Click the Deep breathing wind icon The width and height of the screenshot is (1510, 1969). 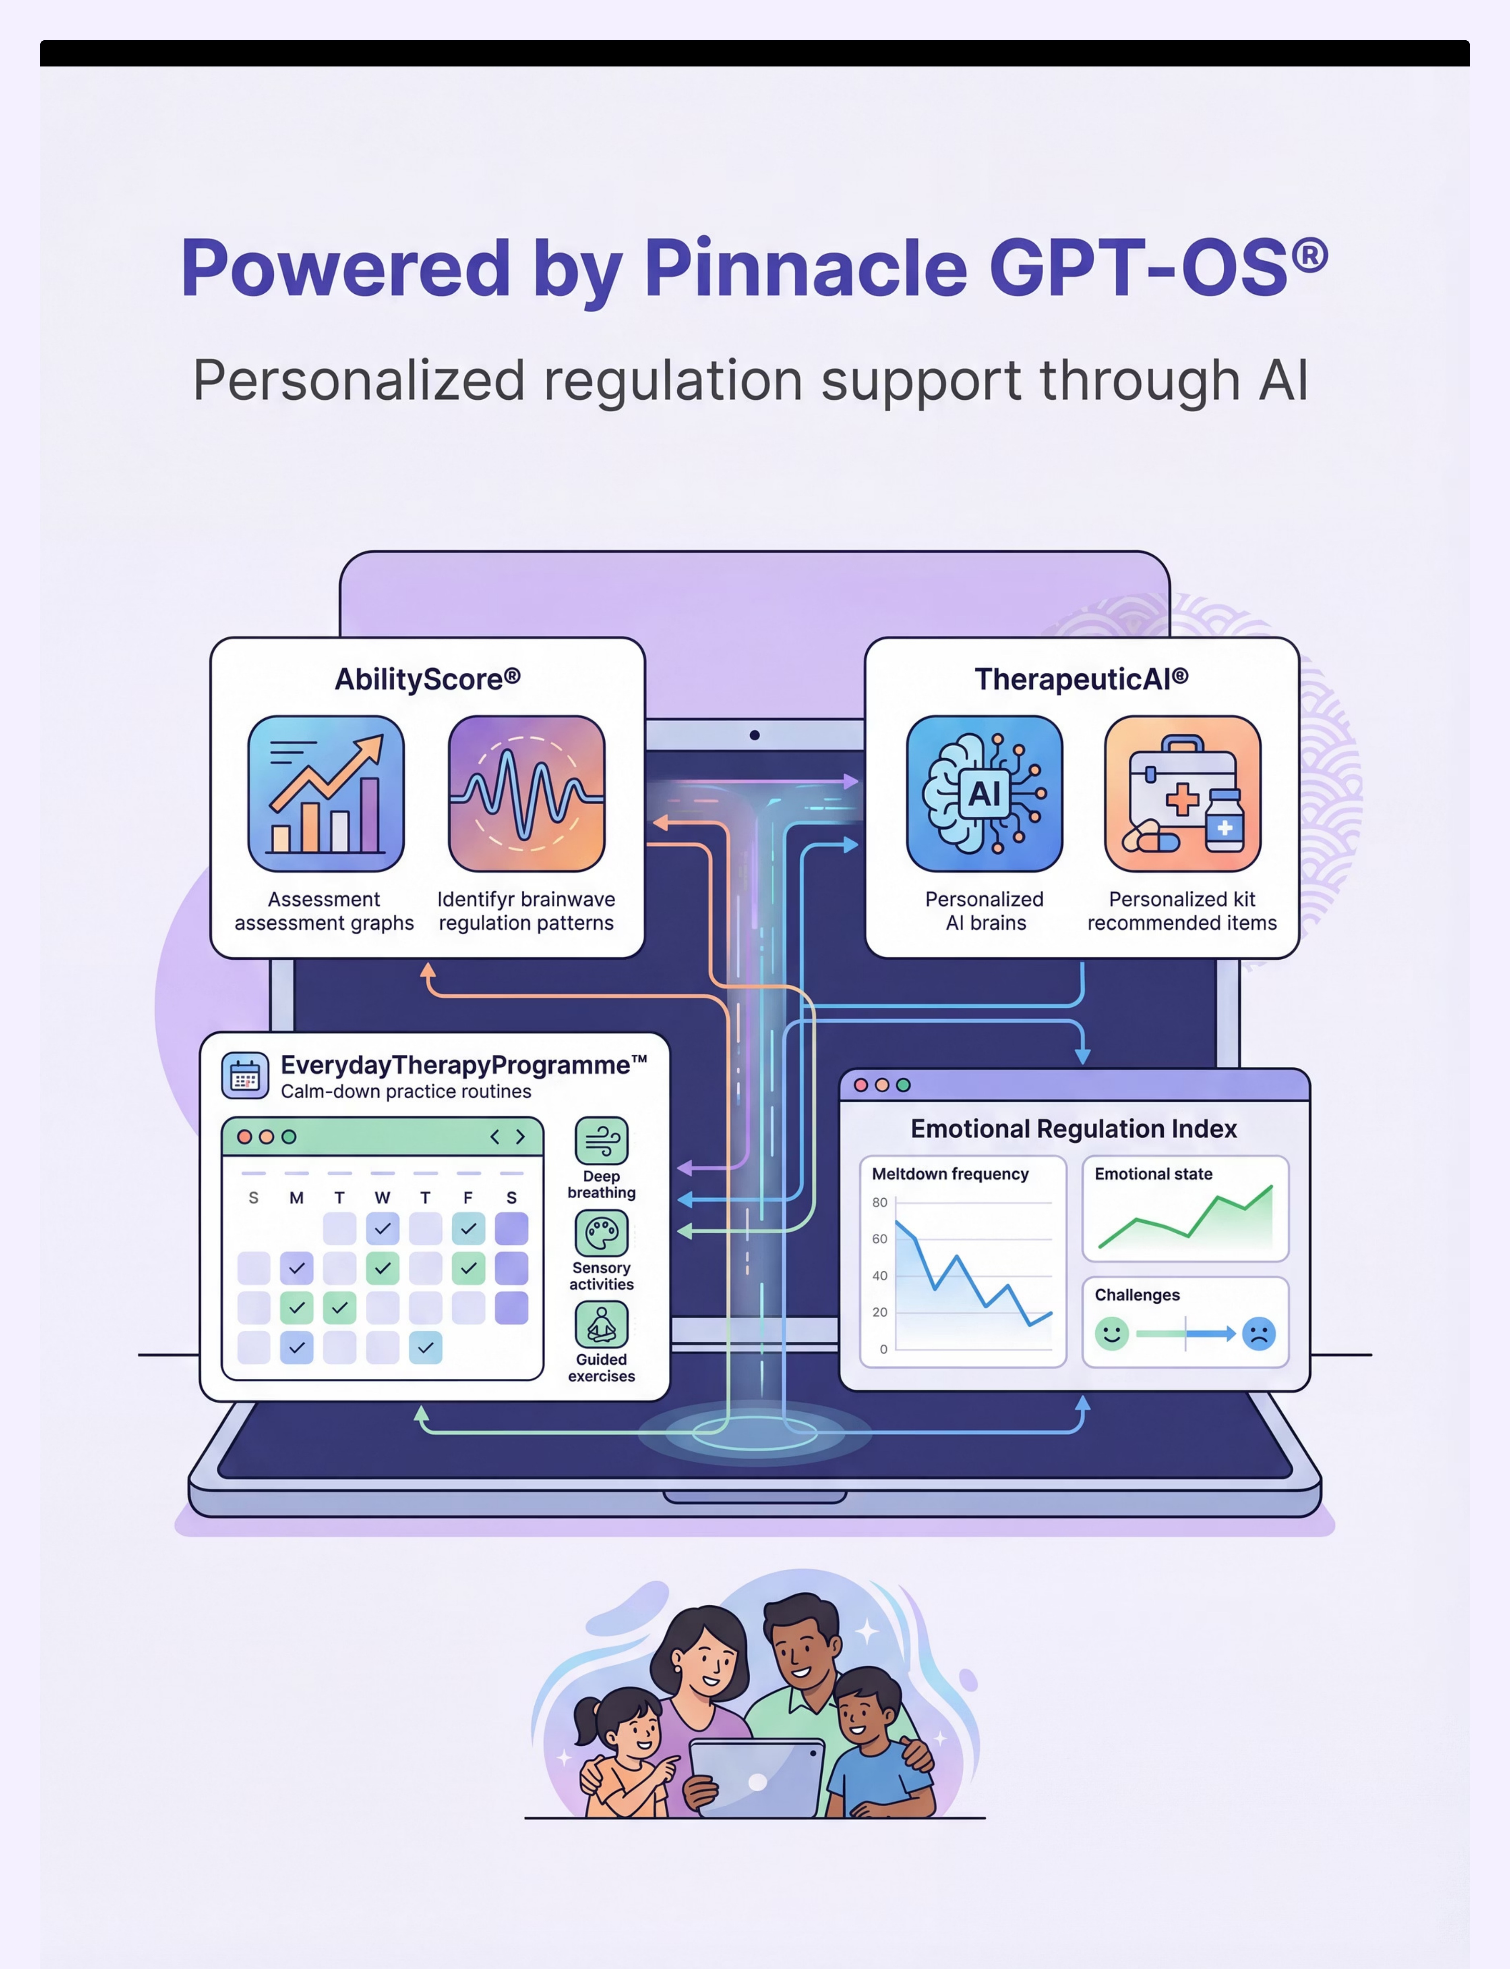tap(601, 1141)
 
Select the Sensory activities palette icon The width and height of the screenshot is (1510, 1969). tap(601, 1232)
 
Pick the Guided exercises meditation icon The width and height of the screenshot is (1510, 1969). tap(601, 1324)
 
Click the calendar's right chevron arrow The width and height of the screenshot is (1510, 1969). tap(520, 1137)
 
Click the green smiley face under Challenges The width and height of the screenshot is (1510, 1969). tap(1112, 1333)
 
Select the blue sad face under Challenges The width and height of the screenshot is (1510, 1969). tap(1259, 1333)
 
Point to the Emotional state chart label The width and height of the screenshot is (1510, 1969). tap(1153, 1173)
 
